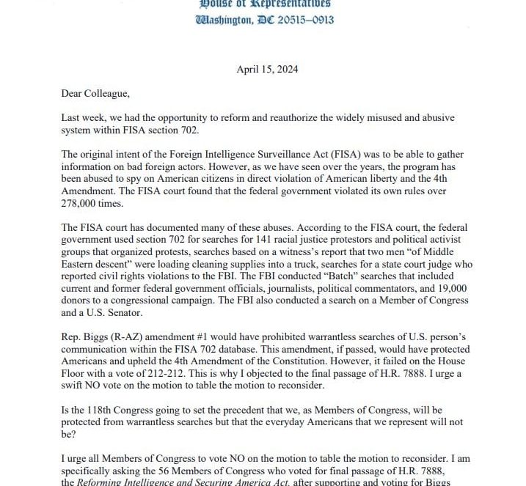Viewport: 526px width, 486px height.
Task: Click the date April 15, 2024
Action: (x=267, y=70)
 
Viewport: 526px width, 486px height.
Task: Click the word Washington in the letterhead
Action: (x=222, y=20)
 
